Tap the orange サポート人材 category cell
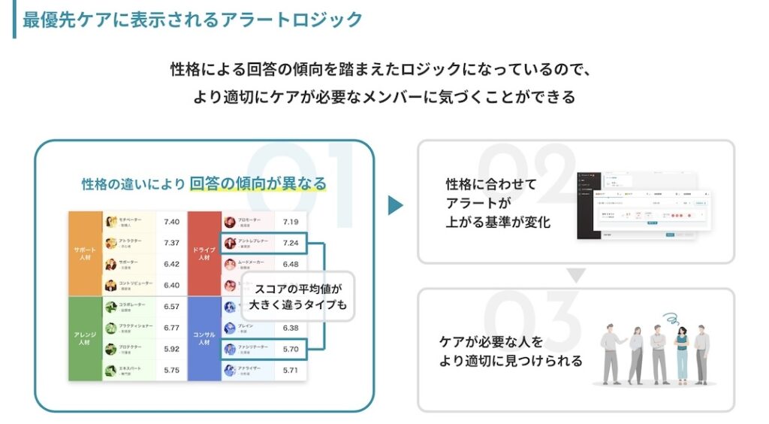pyautogui.click(x=85, y=253)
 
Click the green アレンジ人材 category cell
pyautogui.click(x=85, y=338)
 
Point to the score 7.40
pyautogui.click(x=171, y=222)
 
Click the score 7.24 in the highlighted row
pyautogui.click(x=291, y=243)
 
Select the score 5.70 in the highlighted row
pyautogui.click(x=291, y=349)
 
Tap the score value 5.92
pyautogui.click(x=171, y=349)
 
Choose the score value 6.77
pyautogui.click(x=171, y=328)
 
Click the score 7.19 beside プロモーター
pyautogui.click(x=291, y=222)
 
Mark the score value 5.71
pyautogui.click(x=291, y=370)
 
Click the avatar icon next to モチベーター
pyautogui.click(x=111, y=222)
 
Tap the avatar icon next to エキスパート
pyautogui.click(x=111, y=370)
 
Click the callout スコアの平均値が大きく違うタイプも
pyautogui.click(x=297, y=296)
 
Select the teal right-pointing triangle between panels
pyautogui.click(x=395, y=205)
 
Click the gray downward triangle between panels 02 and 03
pyautogui.click(x=575, y=276)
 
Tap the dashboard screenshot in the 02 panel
pyautogui.click(x=642, y=205)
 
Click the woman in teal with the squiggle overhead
pyautogui.click(x=682, y=352)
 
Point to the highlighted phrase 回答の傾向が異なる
pyautogui.click(x=258, y=183)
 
